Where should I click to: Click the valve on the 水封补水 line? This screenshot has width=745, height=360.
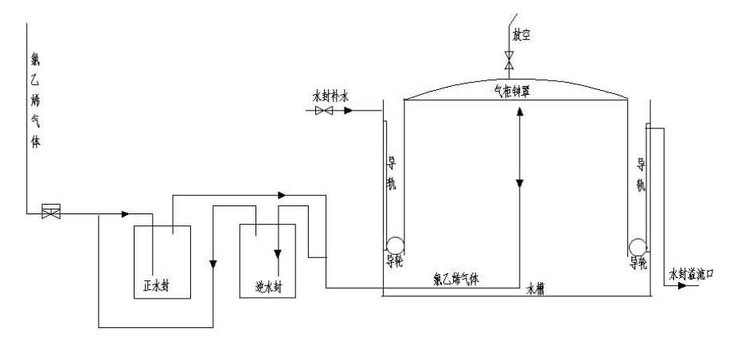point(324,112)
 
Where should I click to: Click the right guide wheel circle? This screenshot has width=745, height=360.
point(638,246)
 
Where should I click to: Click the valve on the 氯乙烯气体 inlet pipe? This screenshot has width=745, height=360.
point(51,213)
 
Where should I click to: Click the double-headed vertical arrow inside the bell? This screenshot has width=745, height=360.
point(518,147)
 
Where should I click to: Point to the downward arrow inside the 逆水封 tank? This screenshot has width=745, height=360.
point(278,254)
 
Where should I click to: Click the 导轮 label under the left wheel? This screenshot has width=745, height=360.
point(393,260)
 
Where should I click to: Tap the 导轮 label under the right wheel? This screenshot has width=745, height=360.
point(638,260)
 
